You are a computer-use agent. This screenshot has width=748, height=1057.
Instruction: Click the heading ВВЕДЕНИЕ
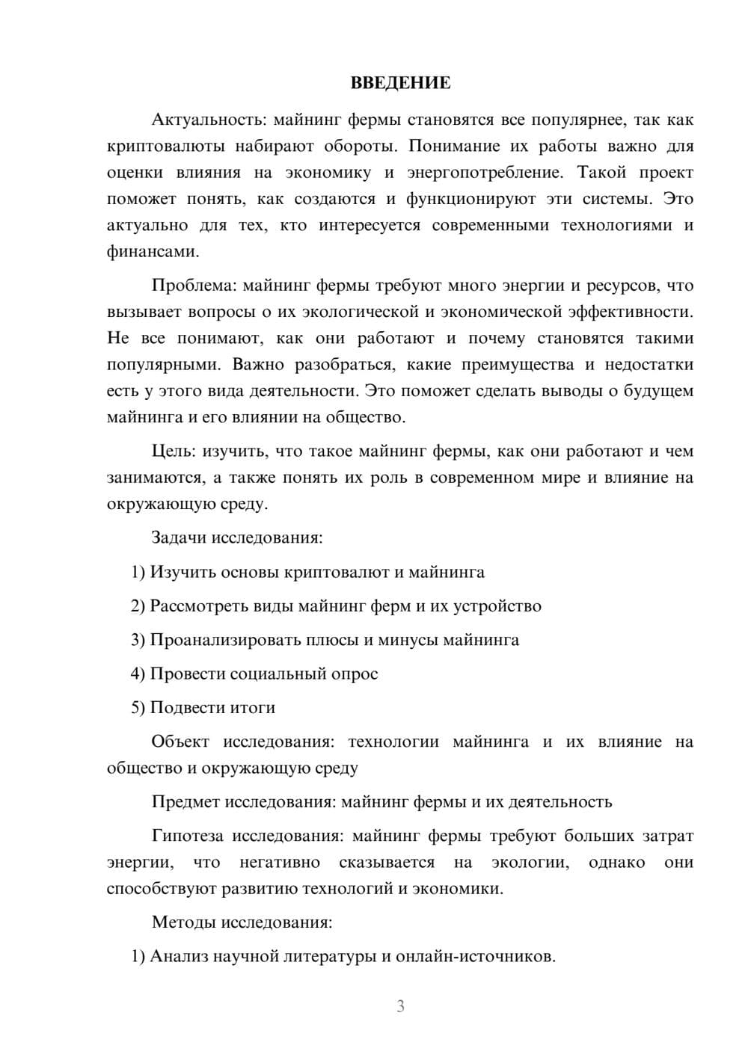tap(400, 83)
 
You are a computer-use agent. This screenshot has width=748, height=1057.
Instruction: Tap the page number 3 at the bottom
tap(400, 1006)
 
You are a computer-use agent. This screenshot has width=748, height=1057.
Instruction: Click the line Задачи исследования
tap(237, 538)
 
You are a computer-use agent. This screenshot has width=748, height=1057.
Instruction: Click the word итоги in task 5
tap(254, 708)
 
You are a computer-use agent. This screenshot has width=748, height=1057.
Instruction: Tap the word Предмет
tap(184, 802)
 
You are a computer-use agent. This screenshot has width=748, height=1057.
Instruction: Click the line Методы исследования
tap(242, 922)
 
